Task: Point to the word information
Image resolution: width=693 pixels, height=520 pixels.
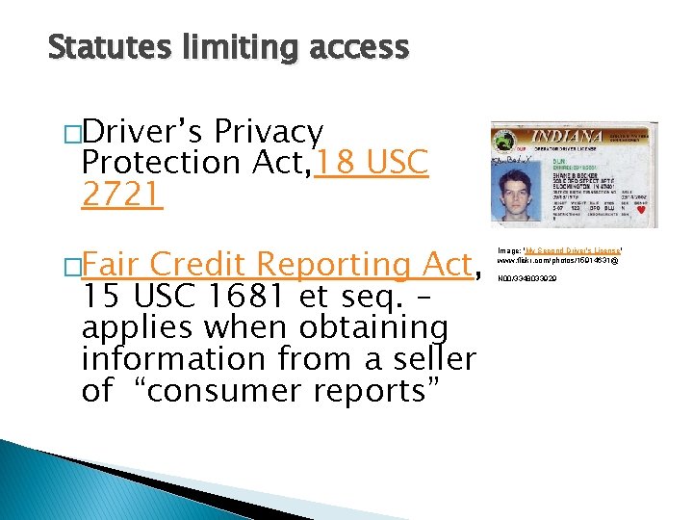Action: click(x=182, y=359)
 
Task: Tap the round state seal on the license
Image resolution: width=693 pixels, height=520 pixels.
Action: click(x=505, y=140)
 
